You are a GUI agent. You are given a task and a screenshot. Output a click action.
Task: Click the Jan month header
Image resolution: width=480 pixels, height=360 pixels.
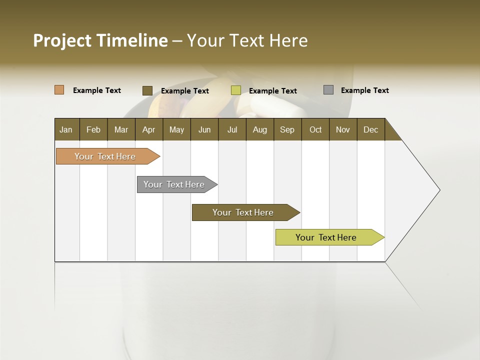click(66, 129)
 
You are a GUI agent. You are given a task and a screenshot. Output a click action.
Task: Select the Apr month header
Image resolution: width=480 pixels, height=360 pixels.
click(149, 129)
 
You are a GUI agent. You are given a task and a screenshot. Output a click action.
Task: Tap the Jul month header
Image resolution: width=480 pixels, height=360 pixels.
click(232, 129)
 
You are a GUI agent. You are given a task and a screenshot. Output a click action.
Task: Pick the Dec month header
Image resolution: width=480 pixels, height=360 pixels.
click(370, 129)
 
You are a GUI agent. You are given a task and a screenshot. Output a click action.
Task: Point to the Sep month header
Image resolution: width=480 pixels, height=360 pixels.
click(287, 129)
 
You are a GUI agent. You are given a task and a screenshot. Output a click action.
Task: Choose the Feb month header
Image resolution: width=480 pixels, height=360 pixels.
click(93, 129)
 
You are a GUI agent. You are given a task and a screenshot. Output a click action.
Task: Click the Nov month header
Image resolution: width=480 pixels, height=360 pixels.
click(343, 129)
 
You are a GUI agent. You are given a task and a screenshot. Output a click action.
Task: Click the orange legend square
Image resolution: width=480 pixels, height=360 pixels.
click(59, 90)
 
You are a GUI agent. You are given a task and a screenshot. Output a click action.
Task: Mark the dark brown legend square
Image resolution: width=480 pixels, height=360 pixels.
click(147, 90)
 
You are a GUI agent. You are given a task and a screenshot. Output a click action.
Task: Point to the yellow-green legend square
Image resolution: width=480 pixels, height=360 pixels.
click(236, 90)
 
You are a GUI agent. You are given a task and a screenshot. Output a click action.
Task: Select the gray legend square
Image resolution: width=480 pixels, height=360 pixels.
click(328, 90)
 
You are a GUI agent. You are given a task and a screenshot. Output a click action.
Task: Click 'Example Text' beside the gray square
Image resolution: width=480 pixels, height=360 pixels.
click(364, 90)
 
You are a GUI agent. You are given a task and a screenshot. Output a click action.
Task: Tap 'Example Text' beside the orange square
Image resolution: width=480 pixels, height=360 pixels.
click(97, 90)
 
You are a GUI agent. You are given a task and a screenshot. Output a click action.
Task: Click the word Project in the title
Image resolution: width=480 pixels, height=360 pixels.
click(62, 40)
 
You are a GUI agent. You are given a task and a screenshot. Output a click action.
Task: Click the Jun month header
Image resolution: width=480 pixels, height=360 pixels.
click(204, 129)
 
